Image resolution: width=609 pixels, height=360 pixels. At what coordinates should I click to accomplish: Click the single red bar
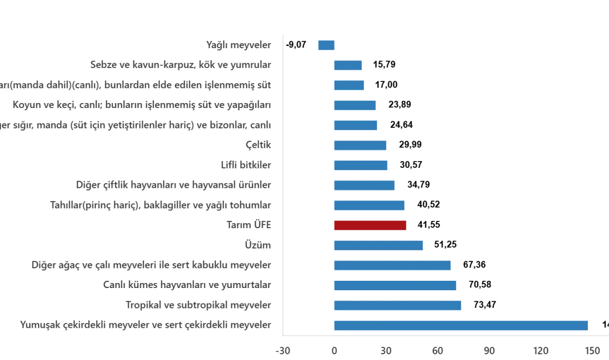[x=370, y=224]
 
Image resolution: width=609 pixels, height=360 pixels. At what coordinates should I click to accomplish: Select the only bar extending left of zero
[x=325, y=46]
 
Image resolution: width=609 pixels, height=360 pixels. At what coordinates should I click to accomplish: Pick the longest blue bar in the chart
[x=460, y=326]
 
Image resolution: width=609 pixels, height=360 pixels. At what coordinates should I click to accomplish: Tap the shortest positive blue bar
[x=348, y=65]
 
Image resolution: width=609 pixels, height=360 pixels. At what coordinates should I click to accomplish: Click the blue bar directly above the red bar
[x=370, y=206]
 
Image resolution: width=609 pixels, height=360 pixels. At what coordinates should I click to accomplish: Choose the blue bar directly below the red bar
[x=379, y=245]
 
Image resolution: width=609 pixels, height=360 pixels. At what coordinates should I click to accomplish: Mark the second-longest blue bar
[x=398, y=305]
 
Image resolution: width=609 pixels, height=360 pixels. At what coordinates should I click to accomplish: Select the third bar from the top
[x=349, y=86]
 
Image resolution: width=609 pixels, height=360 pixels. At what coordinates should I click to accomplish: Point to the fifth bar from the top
[x=356, y=126]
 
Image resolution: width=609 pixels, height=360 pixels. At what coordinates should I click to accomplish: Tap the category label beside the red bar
[x=251, y=224]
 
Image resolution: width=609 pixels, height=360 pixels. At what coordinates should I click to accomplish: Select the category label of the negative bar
[x=238, y=44]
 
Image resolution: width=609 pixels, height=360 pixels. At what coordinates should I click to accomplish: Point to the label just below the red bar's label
[x=259, y=245]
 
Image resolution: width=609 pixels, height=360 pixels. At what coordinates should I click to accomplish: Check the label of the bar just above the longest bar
[x=199, y=305]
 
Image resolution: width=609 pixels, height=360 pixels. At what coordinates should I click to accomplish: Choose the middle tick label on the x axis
[x=438, y=350]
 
